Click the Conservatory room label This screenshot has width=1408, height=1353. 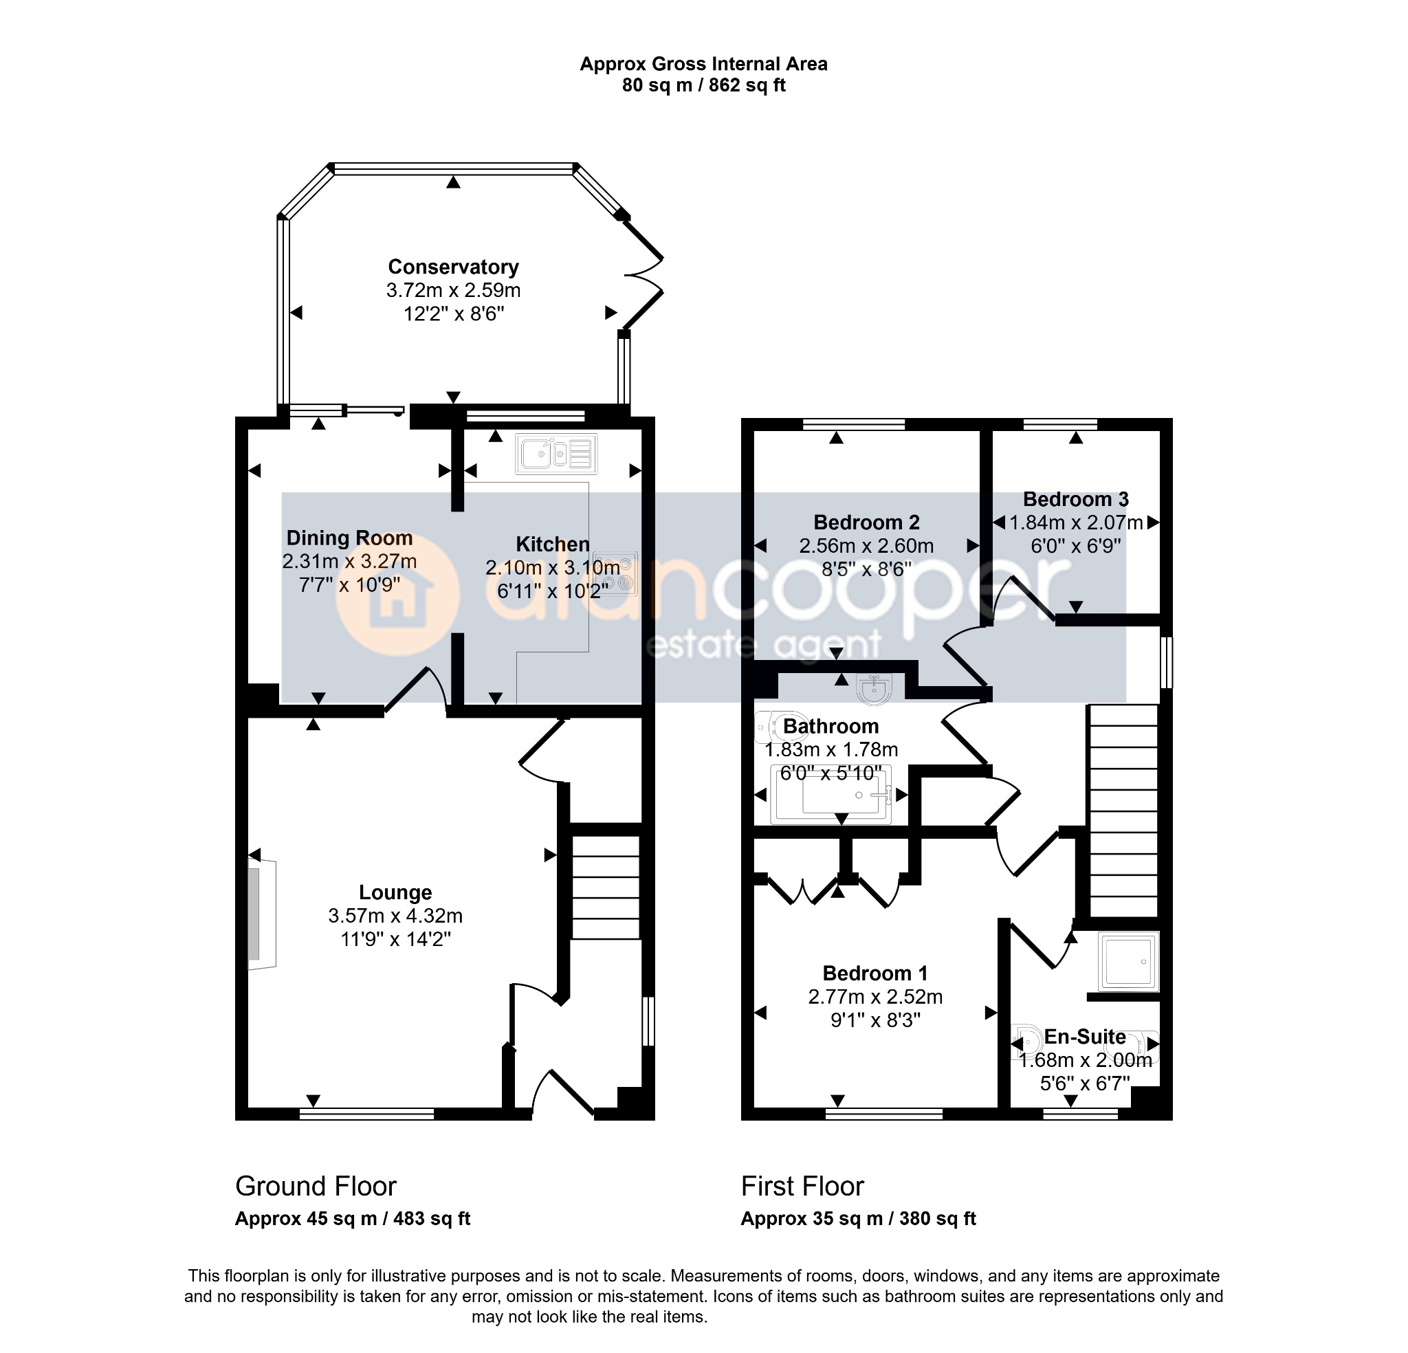(453, 267)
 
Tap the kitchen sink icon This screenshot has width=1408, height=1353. (556, 453)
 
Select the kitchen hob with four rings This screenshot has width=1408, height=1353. (615, 573)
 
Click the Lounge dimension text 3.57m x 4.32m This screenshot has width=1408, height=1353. (395, 916)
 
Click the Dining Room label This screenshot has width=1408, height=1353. (350, 538)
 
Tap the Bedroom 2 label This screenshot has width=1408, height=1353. (866, 522)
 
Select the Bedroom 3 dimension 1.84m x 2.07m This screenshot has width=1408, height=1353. (1076, 522)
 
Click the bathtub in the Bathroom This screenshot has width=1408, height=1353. (831, 795)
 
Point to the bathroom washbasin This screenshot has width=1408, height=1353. (874, 688)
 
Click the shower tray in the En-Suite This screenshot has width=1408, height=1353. (1130, 961)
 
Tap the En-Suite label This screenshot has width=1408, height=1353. (1085, 1037)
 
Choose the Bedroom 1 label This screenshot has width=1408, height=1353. (875, 973)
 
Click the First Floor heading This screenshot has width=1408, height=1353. (802, 1187)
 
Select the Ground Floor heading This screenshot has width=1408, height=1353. (316, 1187)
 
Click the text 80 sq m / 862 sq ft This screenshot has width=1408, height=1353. (704, 85)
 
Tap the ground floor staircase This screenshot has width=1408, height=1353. (606, 887)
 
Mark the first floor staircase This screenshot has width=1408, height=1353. (1124, 811)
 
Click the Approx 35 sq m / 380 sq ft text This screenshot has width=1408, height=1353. (859, 1219)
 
